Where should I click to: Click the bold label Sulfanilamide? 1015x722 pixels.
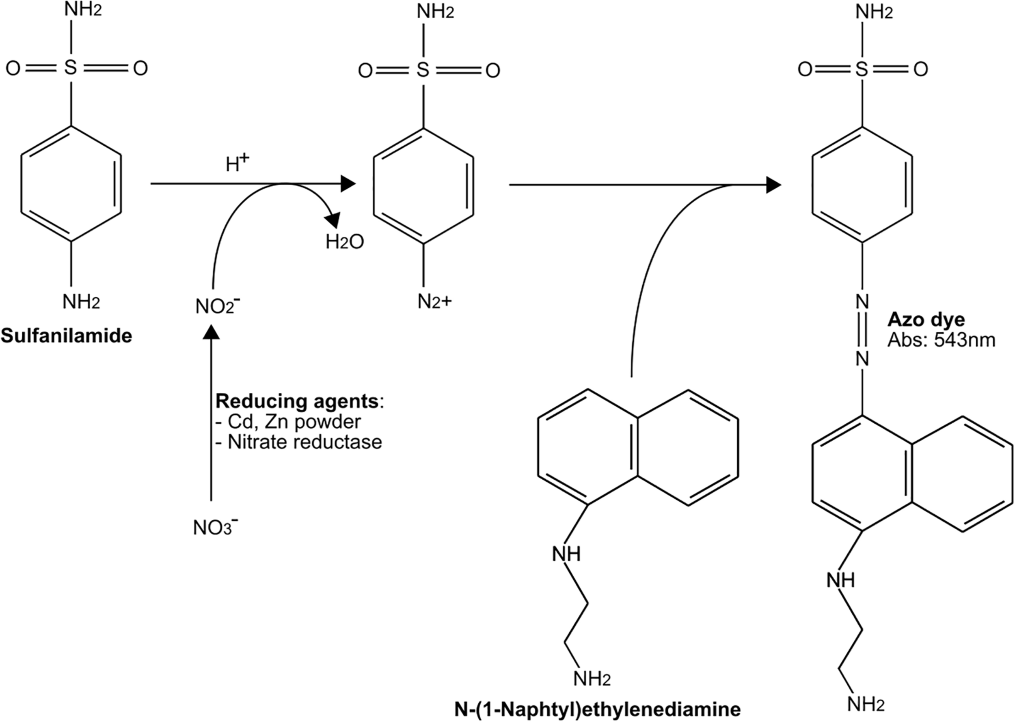(x=66, y=336)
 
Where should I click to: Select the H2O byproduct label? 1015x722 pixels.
(x=345, y=242)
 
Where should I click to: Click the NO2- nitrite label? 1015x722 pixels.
(x=218, y=306)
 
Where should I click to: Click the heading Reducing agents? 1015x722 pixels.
(x=297, y=401)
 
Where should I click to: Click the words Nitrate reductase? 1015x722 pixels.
(x=304, y=442)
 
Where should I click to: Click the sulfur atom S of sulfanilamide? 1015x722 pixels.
(x=71, y=68)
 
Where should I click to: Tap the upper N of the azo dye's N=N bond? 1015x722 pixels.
(x=862, y=302)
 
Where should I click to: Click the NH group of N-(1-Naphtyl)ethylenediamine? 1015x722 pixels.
(x=566, y=554)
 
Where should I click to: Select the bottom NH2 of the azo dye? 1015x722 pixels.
(x=865, y=704)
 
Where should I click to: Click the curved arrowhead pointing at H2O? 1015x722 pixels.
(x=333, y=220)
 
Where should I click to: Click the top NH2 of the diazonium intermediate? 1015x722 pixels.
(x=436, y=12)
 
